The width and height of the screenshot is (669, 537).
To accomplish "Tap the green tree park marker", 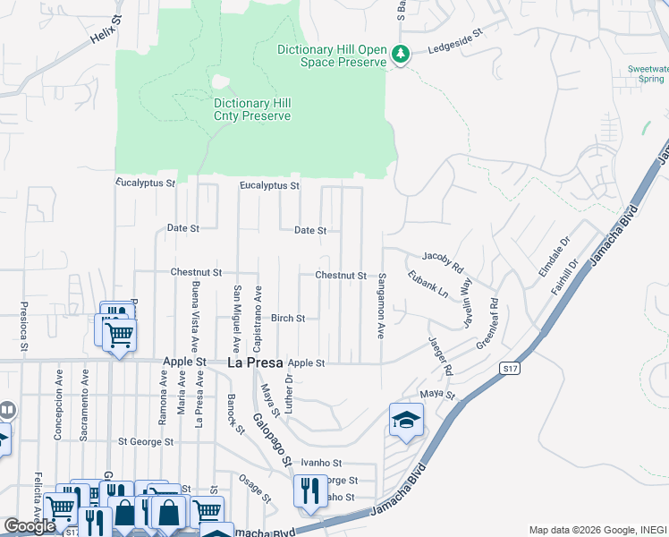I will coord(402,55).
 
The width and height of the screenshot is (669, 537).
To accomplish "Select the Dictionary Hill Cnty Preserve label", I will coord(252,109).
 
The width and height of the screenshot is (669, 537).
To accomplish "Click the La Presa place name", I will coord(255,363).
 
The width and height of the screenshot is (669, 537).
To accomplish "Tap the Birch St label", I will coord(288,318).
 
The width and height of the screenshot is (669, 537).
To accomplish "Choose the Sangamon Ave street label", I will coord(382,306).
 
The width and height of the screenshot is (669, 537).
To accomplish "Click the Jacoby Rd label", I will coord(443,261).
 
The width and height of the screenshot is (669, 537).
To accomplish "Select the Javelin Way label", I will coord(466,302).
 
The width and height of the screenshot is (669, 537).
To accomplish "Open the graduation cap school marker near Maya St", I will coord(406,421).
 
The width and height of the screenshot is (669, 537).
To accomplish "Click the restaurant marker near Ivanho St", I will coord(310,491).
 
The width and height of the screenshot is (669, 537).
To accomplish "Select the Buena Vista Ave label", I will coord(194,316).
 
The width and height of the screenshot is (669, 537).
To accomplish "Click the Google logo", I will coord(30,526).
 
